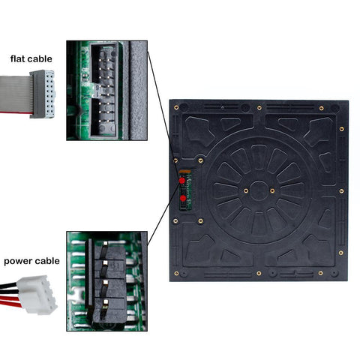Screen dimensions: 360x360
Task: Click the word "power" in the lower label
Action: [x=20, y=262]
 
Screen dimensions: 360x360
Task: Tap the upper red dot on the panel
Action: [x=181, y=181]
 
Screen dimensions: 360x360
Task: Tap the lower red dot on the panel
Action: [x=181, y=197]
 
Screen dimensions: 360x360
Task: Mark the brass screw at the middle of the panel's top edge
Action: [x=259, y=107]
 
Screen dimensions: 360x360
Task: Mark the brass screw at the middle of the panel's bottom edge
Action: [x=259, y=273]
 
